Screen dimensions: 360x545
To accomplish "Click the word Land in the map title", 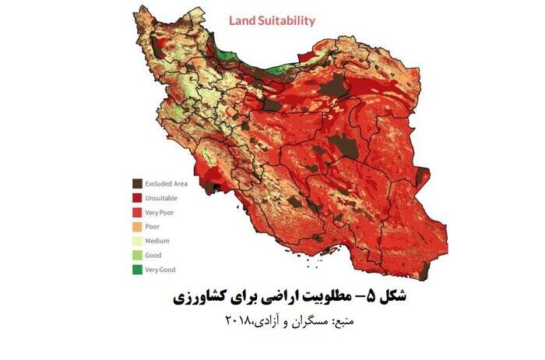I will tap(242, 21).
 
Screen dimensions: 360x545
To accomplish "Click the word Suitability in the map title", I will tap(287, 21).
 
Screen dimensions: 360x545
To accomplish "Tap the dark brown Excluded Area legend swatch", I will tap(136, 183).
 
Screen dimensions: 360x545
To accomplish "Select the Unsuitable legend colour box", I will tap(136, 198).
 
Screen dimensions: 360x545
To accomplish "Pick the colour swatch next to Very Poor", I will tap(136, 212).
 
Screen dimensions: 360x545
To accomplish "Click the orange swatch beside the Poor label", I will tap(136, 226).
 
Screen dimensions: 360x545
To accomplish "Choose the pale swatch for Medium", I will tap(136, 241).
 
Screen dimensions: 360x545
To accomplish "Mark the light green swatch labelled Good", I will tap(136, 255).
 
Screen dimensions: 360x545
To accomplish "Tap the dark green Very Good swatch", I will tap(136, 270).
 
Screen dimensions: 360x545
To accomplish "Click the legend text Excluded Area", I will tap(166, 183).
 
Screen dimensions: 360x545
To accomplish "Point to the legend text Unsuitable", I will tap(161, 198).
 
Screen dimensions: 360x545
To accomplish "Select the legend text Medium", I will tap(158, 241).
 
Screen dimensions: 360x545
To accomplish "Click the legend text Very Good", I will tap(161, 270).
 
